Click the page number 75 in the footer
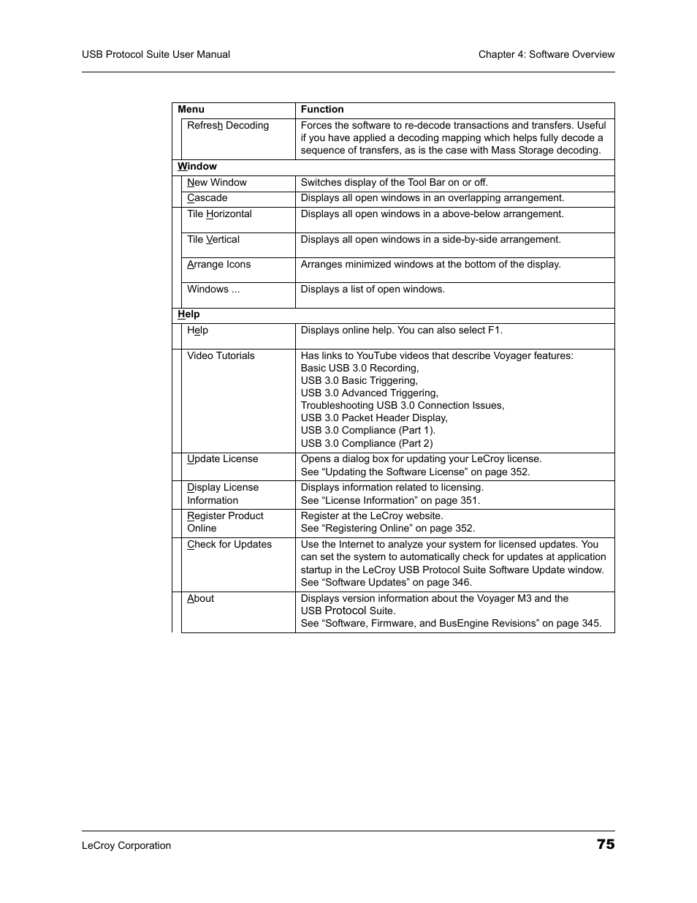pyautogui.click(x=605, y=844)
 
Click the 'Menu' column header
pyautogui.click(x=191, y=110)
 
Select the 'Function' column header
pyautogui.click(x=321, y=110)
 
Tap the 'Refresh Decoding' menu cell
pyautogui.click(x=227, y=126)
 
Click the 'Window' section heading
pyautogui.click(x=197, y=167)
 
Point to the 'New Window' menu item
pyautogui.click(x=216, y=183)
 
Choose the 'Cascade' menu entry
pyautogui.click(x=207, y=198)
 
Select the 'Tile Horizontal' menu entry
pyautogui.click(x=219, y=214)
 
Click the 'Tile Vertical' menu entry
pyautogui.click(x=213, y=240)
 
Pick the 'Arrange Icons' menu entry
pyautogui.click(x=218, y=265)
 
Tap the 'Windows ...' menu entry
pyautogui.click(x=213, y=290)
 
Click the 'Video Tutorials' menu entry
pyautogui.click(x=221, y=356)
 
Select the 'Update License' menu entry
pyautogui.click(x=222, y=459)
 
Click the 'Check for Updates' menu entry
pyautogui.click(x=229, y=545)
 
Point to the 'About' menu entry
pyautogui.click(x=200, y=599)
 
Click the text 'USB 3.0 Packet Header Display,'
pyautogui.click(x=373, y=418)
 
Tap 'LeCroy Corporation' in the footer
pyautogui.click(x=126, y=846)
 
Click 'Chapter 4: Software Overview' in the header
pyautogui.click(x=546, y=55)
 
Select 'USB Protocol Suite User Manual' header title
pyautogui.click(x=156, y=55)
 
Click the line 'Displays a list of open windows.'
pyautogui.click(x=372, y=290)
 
